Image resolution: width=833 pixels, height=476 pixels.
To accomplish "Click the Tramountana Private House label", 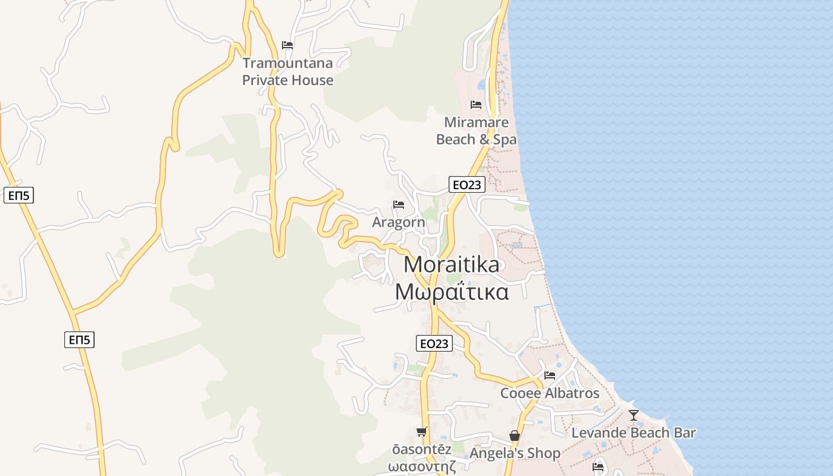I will pos(288,71).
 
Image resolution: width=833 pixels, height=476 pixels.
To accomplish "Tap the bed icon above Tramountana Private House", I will pos(287,45).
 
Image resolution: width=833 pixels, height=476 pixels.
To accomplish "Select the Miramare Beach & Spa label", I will pos(477,131).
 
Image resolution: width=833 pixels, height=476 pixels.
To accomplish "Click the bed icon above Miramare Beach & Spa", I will pos(476,105).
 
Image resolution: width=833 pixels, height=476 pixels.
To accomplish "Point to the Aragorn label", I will pos(399,223).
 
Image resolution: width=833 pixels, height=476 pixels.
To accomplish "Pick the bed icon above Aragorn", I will pos(399,205).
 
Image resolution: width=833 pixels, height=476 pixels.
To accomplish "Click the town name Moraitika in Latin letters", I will pos(452,265).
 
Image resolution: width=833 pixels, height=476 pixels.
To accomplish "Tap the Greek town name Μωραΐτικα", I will pos(452,292).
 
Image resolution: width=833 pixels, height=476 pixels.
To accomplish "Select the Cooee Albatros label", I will pos(550,393).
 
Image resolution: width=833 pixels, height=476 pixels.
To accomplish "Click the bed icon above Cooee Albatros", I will pos(550,375).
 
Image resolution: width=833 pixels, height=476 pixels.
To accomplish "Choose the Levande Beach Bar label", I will pos(634,433).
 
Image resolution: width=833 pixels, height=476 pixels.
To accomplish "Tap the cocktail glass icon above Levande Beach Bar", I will pos(634,415).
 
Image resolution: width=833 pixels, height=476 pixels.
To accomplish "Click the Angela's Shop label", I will pos(515,453).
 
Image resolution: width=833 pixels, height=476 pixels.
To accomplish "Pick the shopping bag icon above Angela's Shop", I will pos(515,436).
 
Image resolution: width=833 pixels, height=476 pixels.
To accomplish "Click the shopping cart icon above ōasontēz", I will pos(422,431).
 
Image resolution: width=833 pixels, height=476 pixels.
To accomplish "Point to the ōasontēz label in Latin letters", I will pos(422,450).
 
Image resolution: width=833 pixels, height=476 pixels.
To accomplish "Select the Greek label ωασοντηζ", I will pos(422,466).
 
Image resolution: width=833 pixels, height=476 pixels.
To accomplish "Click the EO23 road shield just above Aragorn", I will pos(466,185).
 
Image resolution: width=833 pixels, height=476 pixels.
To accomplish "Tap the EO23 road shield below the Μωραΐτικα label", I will pos(434,343).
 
